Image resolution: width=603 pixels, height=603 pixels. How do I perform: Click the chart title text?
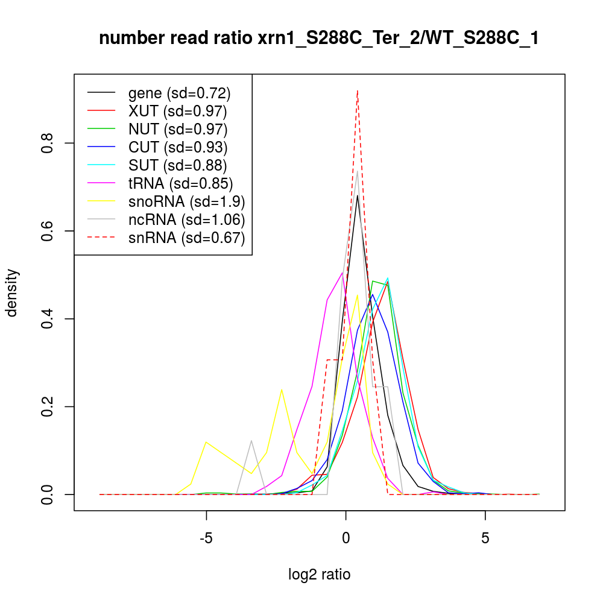coord(319,39)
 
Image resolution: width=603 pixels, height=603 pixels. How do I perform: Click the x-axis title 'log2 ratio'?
coord(319,574)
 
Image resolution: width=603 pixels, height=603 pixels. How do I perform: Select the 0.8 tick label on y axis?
coord(49,143)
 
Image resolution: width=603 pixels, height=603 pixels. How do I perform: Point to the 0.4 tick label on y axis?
coord(49,318)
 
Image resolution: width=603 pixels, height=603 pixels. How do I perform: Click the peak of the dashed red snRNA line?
coord(358,90)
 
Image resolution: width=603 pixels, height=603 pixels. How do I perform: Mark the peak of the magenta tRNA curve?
coord(342,273)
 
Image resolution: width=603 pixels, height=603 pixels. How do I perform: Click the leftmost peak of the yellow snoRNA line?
coord(206,442)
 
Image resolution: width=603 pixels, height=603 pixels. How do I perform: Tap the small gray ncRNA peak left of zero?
coord(251,441)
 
